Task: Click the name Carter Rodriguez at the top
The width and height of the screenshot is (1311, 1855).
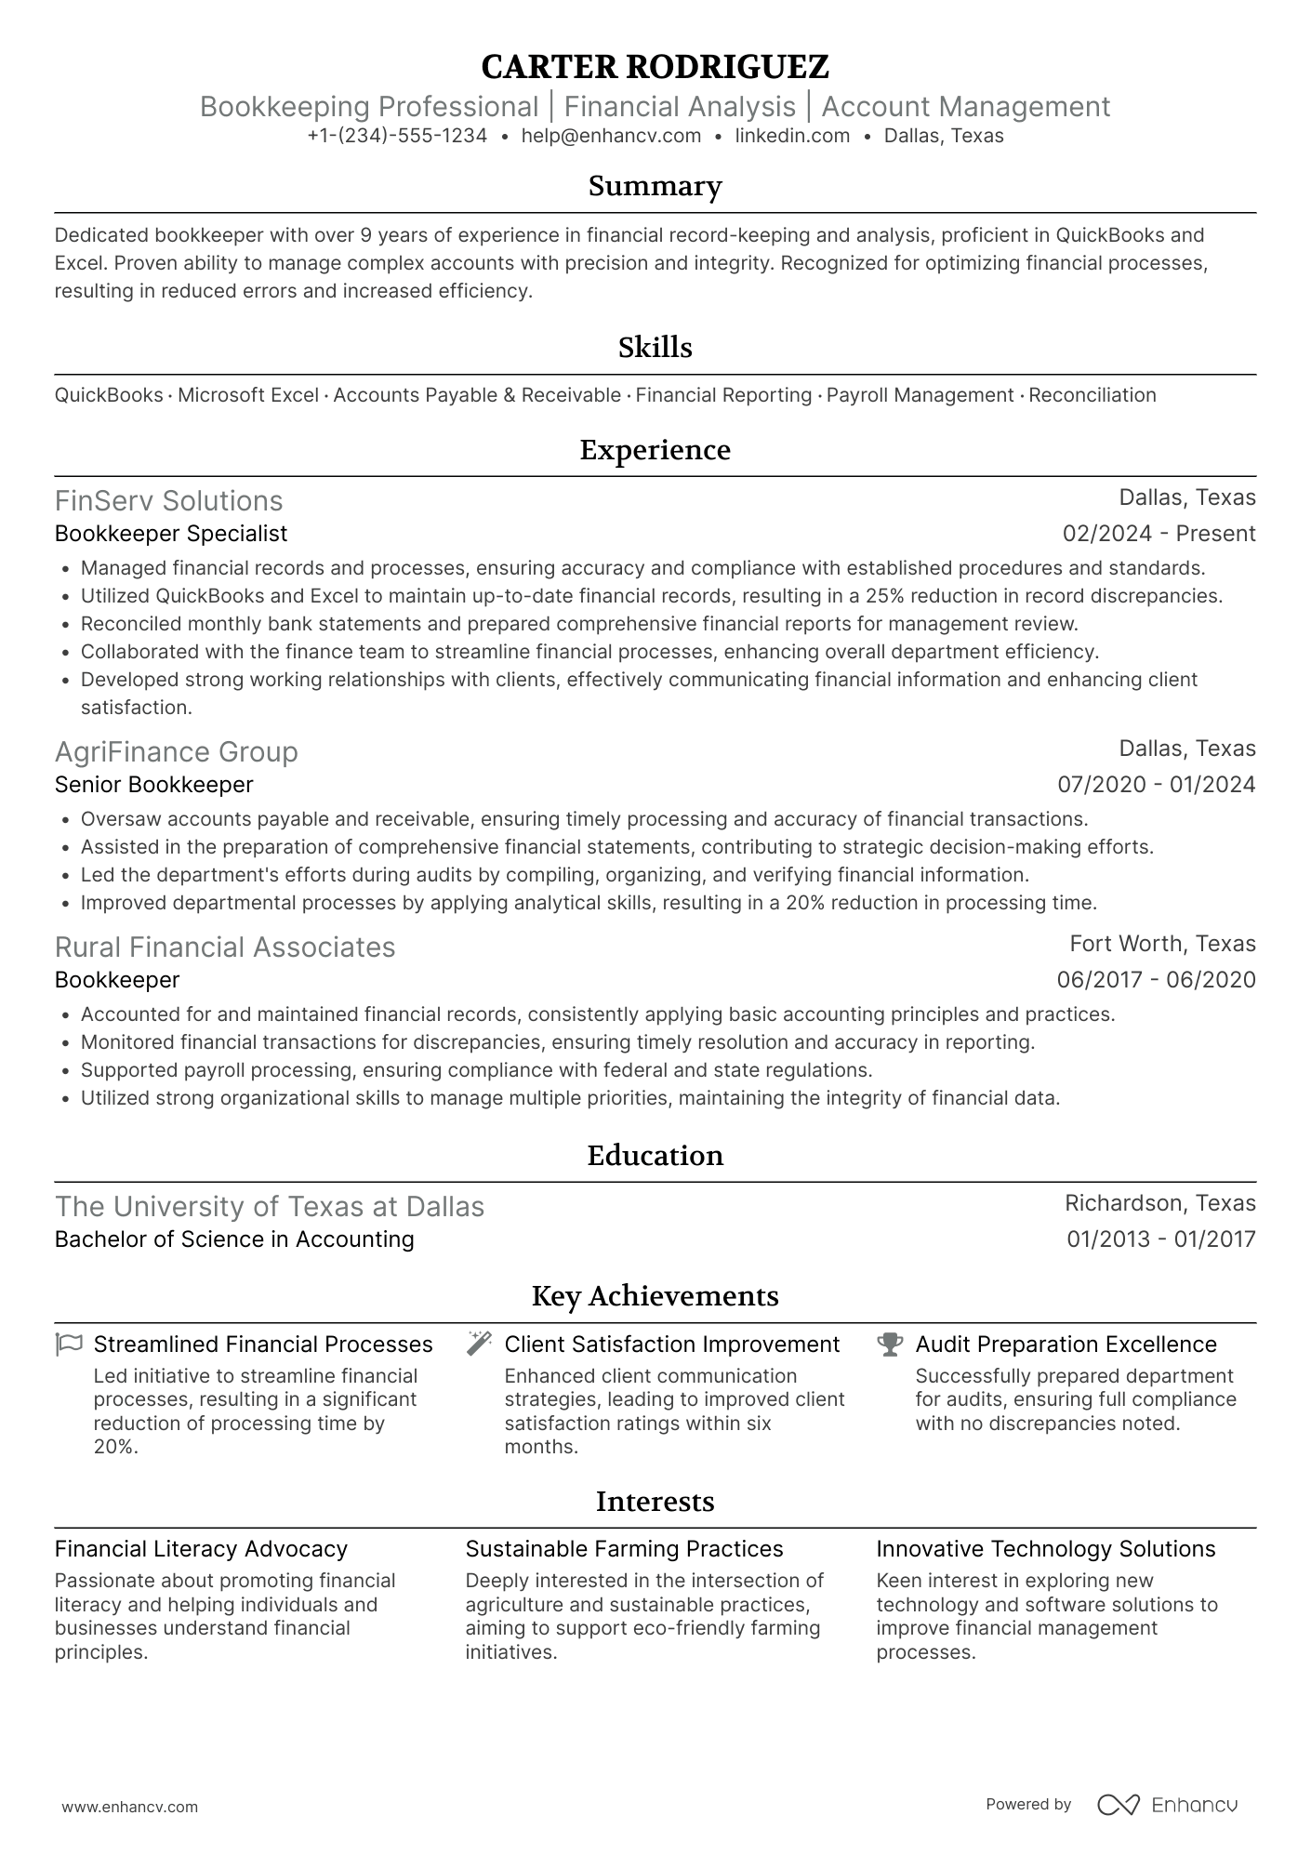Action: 655,67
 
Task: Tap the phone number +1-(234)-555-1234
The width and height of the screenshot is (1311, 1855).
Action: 397,136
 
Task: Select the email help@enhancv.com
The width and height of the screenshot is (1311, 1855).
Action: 611,136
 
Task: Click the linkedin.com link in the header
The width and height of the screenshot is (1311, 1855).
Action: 792,136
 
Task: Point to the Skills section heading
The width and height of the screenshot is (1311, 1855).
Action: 655,348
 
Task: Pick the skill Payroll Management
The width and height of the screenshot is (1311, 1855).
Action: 920,395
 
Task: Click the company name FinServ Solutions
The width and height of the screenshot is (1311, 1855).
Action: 168,501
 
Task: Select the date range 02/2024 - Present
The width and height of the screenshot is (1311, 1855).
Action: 1159,534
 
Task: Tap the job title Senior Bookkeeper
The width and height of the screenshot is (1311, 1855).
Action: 153,785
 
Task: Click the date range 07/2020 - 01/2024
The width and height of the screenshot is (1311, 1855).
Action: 1156,785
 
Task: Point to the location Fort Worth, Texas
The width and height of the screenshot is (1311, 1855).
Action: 1162,944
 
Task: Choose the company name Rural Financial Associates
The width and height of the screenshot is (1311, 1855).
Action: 225,947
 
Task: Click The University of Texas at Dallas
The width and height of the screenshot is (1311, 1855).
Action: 270,1207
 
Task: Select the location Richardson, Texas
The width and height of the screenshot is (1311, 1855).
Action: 1159,1203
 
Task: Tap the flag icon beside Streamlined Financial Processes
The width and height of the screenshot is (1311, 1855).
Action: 69,1345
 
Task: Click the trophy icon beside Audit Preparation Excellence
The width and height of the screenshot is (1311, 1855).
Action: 890,1345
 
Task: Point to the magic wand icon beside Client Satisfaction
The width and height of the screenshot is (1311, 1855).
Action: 479,1344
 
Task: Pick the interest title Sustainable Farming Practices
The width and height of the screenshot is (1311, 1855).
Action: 624,1549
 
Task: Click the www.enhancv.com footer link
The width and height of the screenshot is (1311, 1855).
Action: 129,1808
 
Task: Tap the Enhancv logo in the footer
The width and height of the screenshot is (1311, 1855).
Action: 1168,1805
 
